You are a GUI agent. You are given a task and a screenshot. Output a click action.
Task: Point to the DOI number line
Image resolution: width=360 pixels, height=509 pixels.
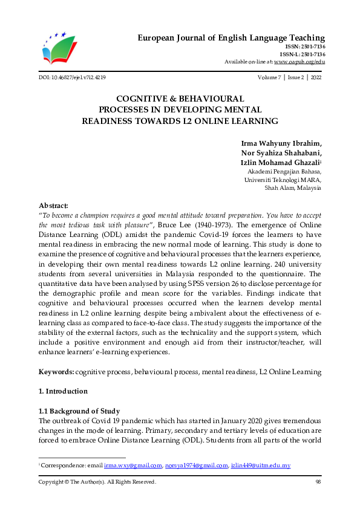tap(71, 78)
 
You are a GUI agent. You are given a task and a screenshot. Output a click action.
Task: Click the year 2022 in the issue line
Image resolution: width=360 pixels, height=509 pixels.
tap(316, 78)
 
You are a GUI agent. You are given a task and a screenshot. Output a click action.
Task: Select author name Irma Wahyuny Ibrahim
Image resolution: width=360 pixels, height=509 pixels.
tap(281, 143)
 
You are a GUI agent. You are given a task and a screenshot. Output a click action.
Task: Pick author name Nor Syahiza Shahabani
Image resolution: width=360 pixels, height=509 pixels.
tap(281, 153)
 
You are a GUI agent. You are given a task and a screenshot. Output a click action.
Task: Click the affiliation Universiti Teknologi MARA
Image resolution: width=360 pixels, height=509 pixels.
tap(283, 180)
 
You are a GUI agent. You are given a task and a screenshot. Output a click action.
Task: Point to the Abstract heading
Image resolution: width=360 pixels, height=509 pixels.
tap(53, 206)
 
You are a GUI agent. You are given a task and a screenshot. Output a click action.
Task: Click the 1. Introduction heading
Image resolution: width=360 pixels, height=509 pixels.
tap(63, 391)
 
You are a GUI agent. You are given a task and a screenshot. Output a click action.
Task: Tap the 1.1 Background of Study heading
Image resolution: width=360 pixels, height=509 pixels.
tap(79, 411)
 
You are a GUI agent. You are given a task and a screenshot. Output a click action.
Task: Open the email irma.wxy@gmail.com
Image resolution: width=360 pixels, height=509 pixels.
tap(133, 465)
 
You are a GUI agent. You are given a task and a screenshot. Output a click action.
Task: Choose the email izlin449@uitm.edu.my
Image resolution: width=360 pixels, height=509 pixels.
tap(261, 465)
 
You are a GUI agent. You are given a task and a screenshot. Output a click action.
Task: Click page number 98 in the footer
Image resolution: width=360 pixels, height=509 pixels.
tap(318, 482)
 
